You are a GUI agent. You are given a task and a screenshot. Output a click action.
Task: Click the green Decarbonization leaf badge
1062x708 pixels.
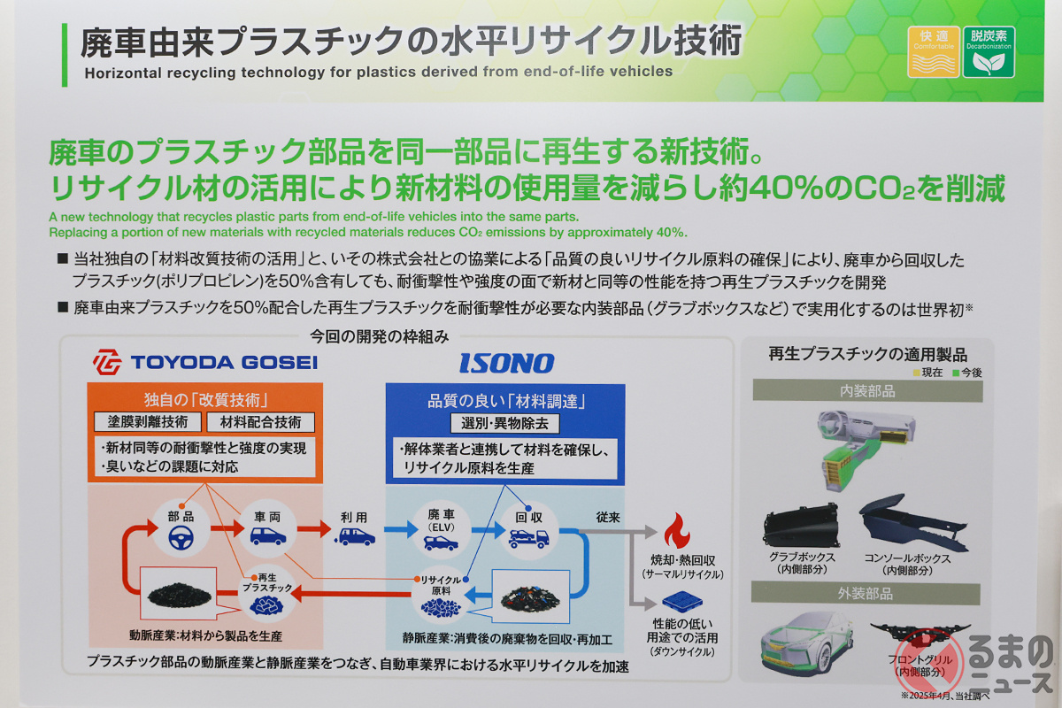[x=989, y=51]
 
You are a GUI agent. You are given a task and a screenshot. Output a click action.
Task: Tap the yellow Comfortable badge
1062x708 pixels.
[x=934, y=51]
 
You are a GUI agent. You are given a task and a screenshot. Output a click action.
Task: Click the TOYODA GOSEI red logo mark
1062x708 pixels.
[x=107, y=362]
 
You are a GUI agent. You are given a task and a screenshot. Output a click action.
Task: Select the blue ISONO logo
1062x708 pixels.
[x=507, y=363]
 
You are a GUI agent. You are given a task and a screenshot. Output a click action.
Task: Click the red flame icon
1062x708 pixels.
[x=676, y=530]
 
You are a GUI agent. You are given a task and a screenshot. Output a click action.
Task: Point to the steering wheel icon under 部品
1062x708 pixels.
[x=181, y=537]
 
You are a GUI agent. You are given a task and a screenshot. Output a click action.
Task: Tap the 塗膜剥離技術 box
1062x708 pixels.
[x=148, y=421]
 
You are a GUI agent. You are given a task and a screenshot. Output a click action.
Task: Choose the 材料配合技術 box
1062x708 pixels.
[x=261, y=422]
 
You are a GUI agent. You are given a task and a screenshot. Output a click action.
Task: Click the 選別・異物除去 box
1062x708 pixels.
[x=504, y=423]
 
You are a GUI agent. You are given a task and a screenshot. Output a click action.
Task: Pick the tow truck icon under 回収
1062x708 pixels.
[x=528, y=538]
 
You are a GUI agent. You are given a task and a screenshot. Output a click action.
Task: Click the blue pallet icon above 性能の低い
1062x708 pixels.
[x=682, y=602]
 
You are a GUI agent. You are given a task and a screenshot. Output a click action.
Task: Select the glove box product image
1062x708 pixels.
[x=801, y=526]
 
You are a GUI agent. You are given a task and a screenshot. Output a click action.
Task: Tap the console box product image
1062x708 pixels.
[x=912, y=523]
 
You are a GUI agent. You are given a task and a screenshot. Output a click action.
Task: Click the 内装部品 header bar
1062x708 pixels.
[x=867, y=391]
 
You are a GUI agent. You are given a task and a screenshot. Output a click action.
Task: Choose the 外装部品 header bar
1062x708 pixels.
[x=866, y=593]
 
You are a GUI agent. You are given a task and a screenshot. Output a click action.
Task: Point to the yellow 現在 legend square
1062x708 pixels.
[x=917, y=373]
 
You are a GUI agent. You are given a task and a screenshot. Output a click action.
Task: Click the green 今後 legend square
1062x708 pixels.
[x=956, y=373]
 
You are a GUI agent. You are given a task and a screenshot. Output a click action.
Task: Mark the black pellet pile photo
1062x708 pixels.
[x=179, y=595]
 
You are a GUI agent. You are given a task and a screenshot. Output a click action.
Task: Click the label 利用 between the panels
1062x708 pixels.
[x=354, y=518]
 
